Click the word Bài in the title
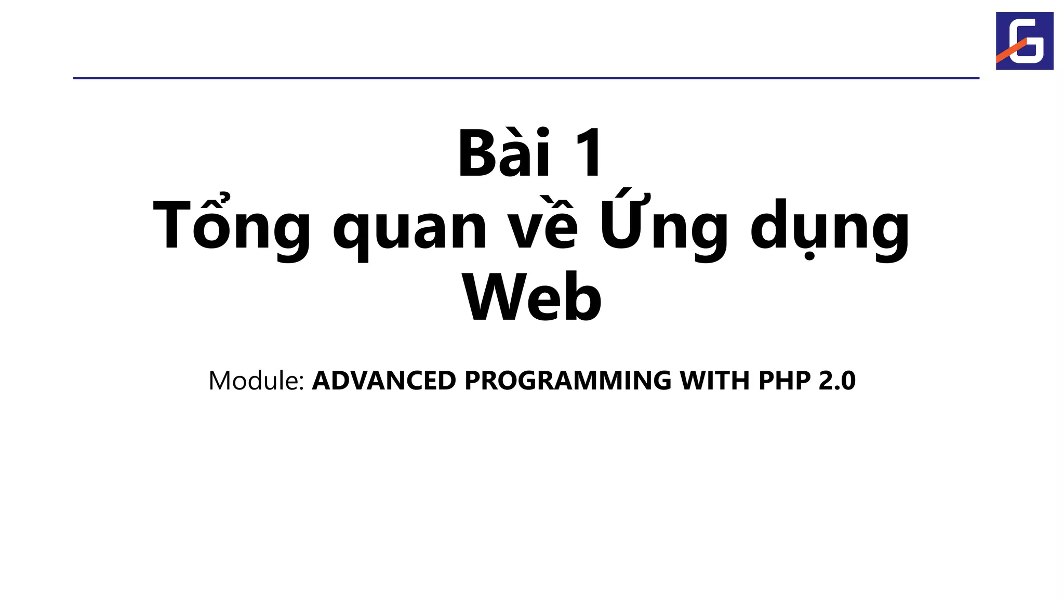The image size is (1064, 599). tap(503, 154)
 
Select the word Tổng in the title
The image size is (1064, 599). tap(231, 227)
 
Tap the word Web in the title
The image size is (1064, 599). tap(532, 298)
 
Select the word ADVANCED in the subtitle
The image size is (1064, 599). tap(384, 380)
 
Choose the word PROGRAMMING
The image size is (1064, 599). tap(568, 380)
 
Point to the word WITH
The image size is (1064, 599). tap(715, 380)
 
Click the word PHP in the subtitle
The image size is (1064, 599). tap(784, 380)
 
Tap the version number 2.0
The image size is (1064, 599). tap(837, 380)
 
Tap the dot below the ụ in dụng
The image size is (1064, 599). tap(809, 256)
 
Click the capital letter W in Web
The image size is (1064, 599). tap(493, 298)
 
